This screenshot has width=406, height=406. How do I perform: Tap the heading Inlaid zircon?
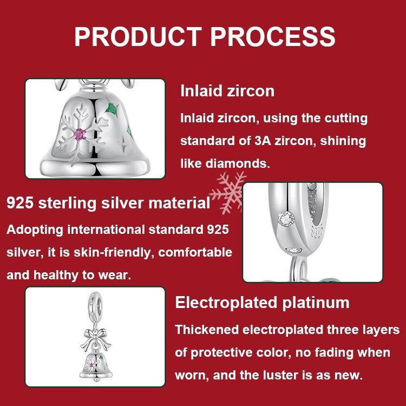pyautogui.click(x=227, y=90)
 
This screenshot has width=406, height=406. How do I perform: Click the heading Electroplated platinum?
pyautogui.click(x=263, y=302)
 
